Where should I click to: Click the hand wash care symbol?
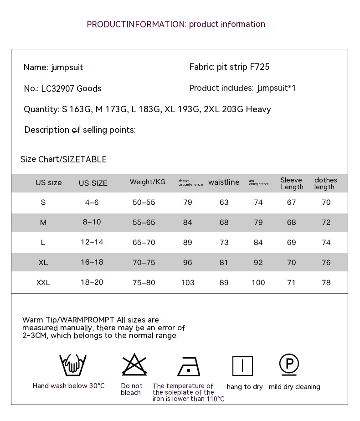73,365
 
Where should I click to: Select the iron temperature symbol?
189,366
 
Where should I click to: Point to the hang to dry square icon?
242,366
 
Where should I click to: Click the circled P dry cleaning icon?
289,364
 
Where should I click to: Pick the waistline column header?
224,182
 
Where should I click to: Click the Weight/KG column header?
148,182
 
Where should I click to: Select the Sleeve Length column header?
292,183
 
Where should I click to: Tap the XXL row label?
43,283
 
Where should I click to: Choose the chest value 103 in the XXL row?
188,283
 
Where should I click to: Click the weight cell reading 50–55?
144,203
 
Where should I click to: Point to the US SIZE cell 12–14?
92,242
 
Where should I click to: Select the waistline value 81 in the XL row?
224,263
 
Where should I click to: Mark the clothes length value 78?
326,283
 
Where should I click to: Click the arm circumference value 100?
258,283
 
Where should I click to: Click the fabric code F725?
260,67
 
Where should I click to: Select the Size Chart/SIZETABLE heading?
63,159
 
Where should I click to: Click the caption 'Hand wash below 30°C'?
69,386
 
